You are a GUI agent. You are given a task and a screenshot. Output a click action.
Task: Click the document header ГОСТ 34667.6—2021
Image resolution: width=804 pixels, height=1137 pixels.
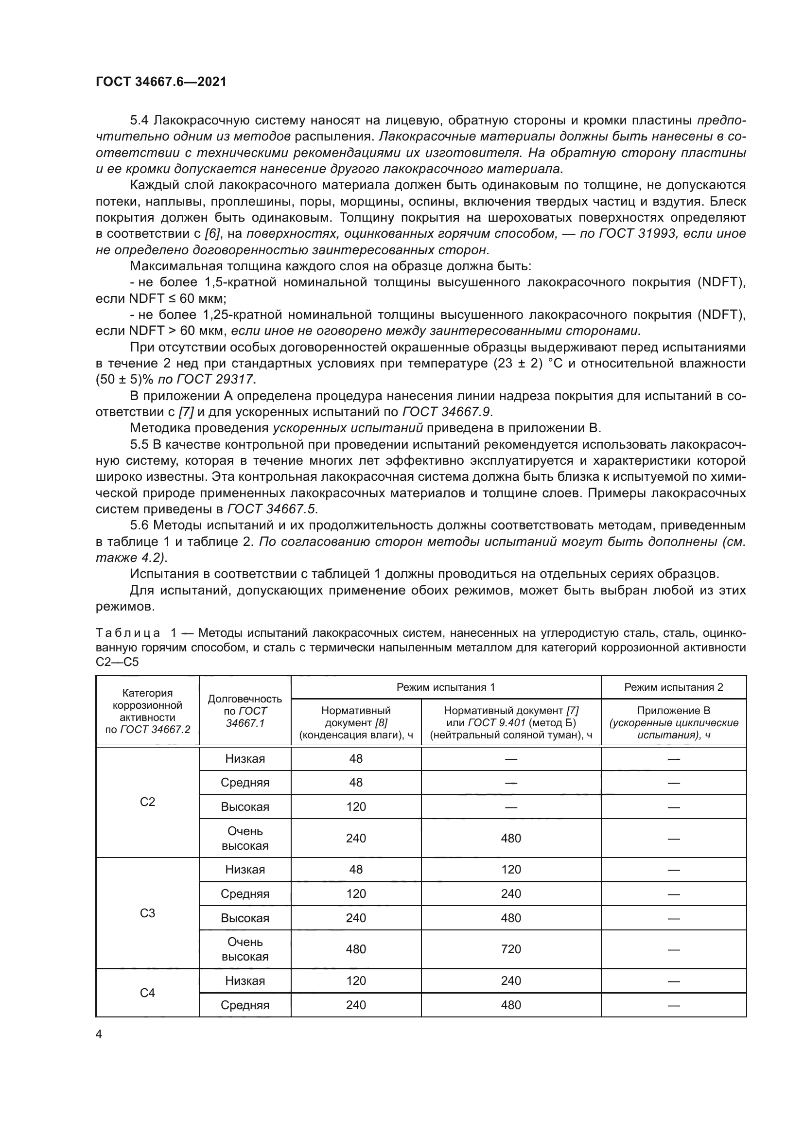pyautogui.click(x=161, y=82)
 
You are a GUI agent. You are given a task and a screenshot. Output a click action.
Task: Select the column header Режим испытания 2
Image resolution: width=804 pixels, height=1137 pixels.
pyautogui.click(x=673, y=687)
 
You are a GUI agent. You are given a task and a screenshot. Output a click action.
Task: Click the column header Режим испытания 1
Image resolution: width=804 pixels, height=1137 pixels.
pyautogui.click(x=446, y=687)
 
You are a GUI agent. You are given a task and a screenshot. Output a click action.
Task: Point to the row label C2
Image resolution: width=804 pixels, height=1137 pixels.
pyautogui.click(x=148, y=802)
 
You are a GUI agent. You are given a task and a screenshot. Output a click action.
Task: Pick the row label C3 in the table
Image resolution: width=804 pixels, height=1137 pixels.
pyautogui.click(x=148, y=913)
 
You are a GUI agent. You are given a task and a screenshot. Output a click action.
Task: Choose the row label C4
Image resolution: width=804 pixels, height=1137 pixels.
pyautogui.click(x=148, y=993)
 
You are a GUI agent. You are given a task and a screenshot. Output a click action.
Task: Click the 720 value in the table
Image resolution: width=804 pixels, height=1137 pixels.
pyautogui.click(x=511, y=949)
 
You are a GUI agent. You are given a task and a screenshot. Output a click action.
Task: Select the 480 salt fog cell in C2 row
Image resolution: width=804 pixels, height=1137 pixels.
pyautogui.click(x=511, y=838)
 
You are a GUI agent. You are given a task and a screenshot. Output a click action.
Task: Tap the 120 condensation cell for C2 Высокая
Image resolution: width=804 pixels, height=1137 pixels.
pyautogui.click(x=356, y=807)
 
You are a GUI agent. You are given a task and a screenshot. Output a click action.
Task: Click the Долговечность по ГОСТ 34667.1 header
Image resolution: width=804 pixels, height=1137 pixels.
pyautogui.click(x=245, y=711)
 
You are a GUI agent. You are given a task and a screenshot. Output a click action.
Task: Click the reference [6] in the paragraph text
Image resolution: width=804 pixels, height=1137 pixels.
pyautogui.click(x=212, y=234)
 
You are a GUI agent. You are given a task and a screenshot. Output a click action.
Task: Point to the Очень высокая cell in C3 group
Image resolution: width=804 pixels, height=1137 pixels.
pyautogui.click(x=245, y=949)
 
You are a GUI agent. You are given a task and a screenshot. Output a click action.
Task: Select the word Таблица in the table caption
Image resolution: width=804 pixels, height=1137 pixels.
pyautogui.click(x=128, y=633)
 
